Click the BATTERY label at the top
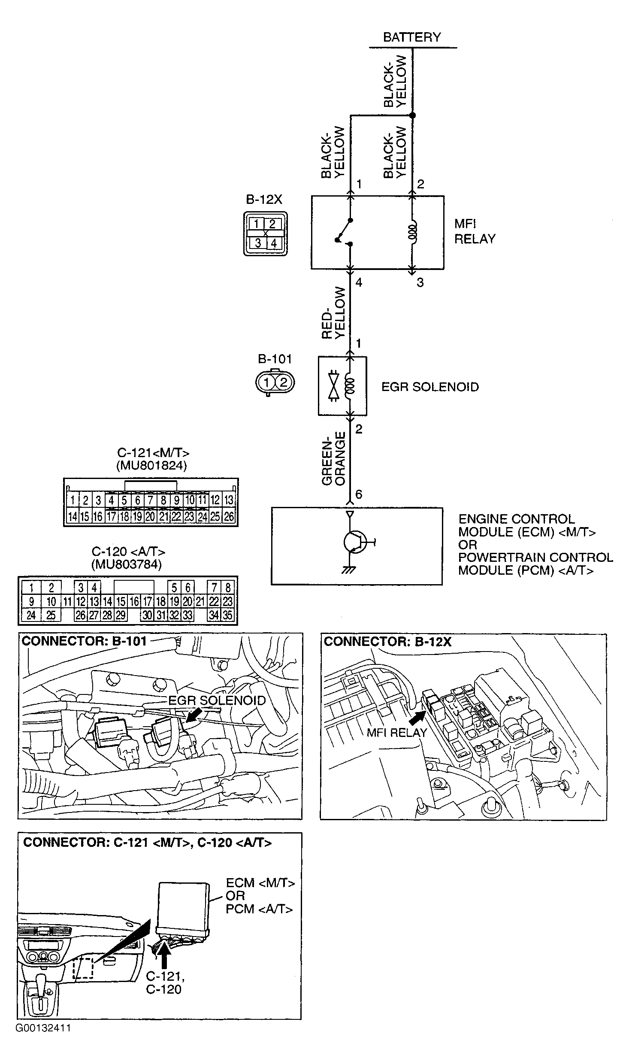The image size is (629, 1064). click(x=411, y=37)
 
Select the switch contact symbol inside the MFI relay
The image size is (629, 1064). click(x=345, y=232)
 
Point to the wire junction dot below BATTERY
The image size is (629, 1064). click(x=412, y=115)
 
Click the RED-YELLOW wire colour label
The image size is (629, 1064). click(x=334, y=313)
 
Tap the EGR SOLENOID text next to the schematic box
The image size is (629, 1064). click(x=429, y=387)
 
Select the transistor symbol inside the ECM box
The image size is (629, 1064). click(x=355, y=542)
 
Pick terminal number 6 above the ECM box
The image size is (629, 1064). click(x=359, y=494)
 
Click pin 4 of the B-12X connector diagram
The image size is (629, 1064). click(x=273, y=243)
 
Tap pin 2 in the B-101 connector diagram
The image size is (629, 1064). click(x=283, y=382)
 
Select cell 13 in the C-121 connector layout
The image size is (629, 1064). click(x=229, y=500)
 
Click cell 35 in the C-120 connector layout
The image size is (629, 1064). click(x=227, y=615)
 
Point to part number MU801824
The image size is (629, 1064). click(x=151, y=466)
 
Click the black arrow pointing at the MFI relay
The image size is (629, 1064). click(x=418, y=716)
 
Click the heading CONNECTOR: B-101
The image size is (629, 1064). click(x=84, y=641)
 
